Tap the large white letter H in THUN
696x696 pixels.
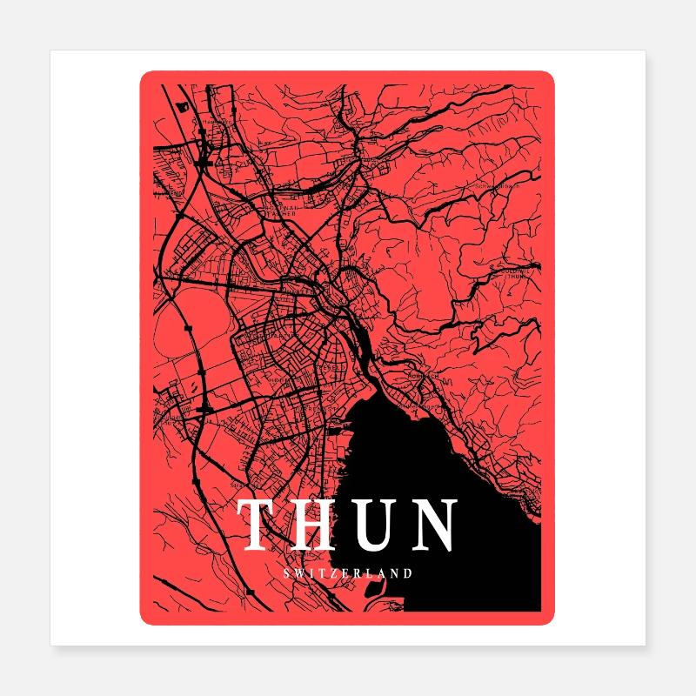[318, 525]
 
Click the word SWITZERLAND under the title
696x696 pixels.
[348, 572]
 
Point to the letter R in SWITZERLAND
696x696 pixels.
[359, 572]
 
